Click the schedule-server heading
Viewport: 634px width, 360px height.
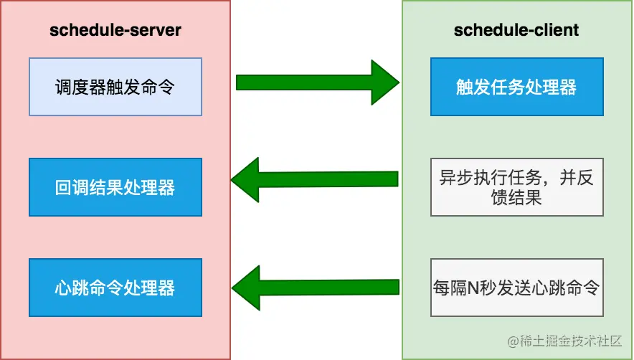(x=115, y=30)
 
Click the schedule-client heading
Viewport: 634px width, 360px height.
(x=516, y=30)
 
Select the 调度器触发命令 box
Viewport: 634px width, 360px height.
(x=115, y=87)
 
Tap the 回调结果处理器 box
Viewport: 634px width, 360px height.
(x=115, y=187)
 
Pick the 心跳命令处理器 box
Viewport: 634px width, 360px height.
(x=115, y=288)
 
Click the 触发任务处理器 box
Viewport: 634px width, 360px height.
(x=516, y=87)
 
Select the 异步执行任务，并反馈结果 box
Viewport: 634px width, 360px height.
(x=516, y=187)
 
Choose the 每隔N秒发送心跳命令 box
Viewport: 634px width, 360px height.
(x=516, y=288)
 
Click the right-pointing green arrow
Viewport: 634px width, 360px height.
(x=316, y=82)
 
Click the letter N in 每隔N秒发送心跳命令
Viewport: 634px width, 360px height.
(x=474, y=288)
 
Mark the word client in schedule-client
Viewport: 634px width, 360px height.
(x=552, y=30)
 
